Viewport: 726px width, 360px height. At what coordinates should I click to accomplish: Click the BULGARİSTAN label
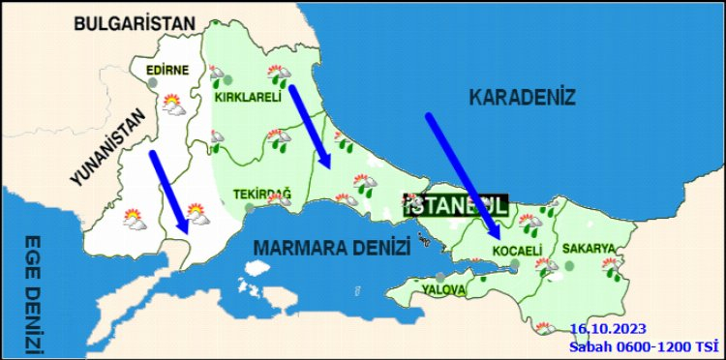[x=135, y=23]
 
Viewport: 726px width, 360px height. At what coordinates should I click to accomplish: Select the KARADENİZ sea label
[x=522, y=98]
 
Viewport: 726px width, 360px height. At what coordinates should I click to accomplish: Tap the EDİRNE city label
[x=167, y=70]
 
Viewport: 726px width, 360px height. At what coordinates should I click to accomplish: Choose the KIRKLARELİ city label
[x=248, y=97]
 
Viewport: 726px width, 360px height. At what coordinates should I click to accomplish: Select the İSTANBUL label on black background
[x=455, y=204]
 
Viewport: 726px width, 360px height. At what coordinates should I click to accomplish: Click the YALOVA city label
[x=443, y=289]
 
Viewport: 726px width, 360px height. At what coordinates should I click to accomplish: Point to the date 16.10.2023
[x=607, y=328]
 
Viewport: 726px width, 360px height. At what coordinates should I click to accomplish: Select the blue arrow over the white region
[x=166, y=191]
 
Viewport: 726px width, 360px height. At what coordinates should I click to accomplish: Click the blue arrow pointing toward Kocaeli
[x=463, y=175]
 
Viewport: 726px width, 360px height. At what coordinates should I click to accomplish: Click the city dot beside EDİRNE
[x=153, y=82]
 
